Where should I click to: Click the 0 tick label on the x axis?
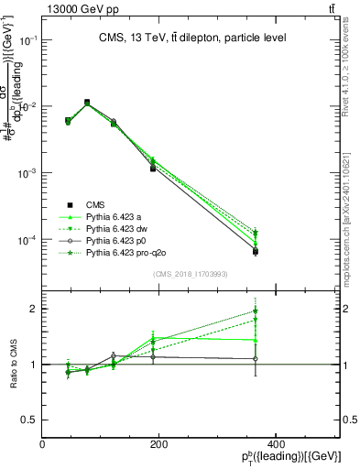pyautogui.click(x=43, y=443)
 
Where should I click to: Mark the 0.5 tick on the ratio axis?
pyautogui.click(x=30, y=420)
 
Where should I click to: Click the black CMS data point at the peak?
pyautogui.click(x=87, y=103)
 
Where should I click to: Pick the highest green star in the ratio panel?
pyautogui.click(x=256, y=311)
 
